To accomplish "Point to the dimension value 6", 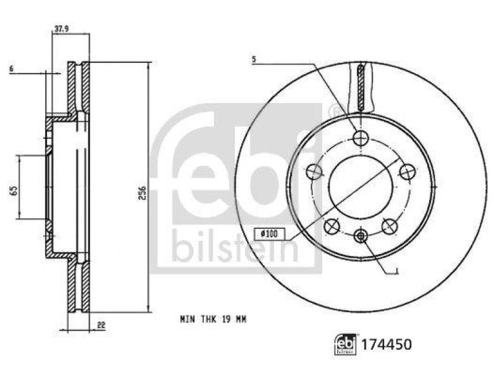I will (x=12, y=69).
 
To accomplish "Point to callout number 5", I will (x=253, y=60).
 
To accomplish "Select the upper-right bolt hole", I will (x=406, y=172).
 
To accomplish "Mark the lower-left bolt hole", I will (x=332, y=226).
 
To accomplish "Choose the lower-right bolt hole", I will (x=389, y=226).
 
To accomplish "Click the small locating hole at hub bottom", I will (x=361, y=234).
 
